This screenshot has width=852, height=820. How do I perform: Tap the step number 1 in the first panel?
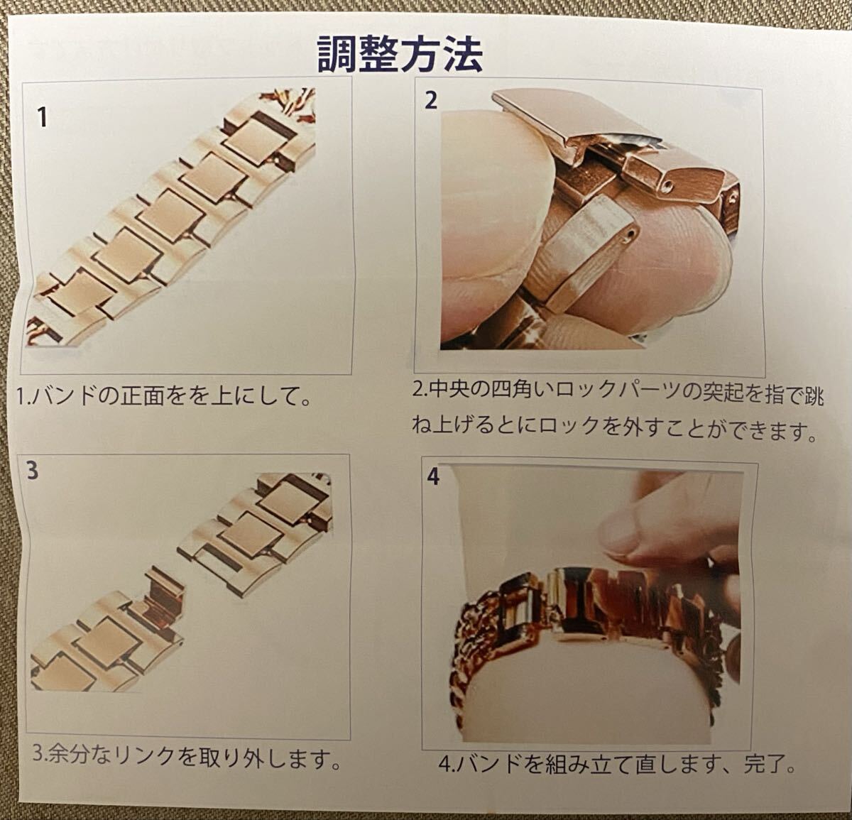(x=43, y=116)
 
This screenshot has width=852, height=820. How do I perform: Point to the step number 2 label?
(x=432, y=101)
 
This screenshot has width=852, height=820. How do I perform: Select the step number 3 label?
(x=31, y=471)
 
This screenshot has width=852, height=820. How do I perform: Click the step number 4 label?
(x=433, y=476)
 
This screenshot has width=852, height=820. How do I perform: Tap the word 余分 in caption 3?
(x=66, y=755)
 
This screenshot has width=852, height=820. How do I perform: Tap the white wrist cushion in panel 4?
(x=589, y=682)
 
